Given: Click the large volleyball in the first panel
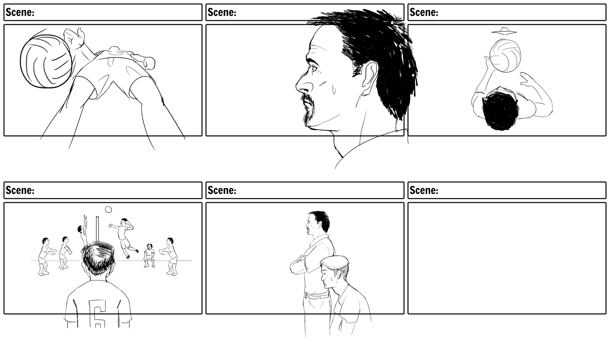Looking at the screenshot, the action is [46, 62].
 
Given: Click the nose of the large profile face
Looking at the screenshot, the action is [302, 86].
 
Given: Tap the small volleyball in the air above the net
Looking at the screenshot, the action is [108, 210].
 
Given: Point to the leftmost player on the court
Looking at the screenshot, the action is [44, 256].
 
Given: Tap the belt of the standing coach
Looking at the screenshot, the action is [317, 296].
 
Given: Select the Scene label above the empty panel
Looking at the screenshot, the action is [424, 190].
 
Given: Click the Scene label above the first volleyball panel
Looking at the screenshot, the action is [20, 12].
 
